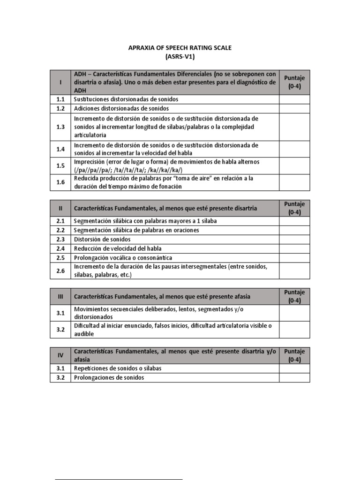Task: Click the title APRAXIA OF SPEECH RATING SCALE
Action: (180, 48)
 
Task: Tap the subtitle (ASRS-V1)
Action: (180, 57)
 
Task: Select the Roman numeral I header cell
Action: (60, 82)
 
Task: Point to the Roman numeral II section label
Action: (60, 208)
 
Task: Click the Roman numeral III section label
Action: (60, 297)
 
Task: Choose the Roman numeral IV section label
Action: (60, 355)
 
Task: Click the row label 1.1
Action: (60, 99)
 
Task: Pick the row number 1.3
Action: (60, 127)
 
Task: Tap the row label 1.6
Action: (60, 182)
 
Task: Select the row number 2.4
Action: (60, 248)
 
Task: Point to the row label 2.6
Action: (60, 271)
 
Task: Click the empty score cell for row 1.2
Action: (294, 108)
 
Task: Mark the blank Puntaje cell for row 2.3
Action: (294, 239)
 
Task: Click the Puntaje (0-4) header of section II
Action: (294, 208)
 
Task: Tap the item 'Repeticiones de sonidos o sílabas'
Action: (118, 368)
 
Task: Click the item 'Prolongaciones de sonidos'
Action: (109, 377)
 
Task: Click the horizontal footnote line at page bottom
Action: (118, 479)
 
